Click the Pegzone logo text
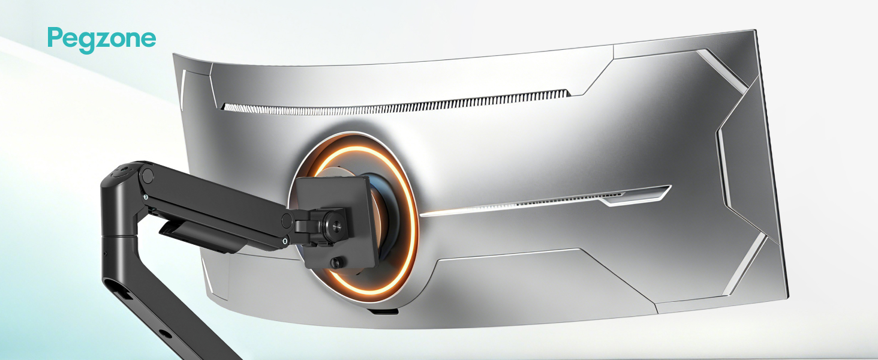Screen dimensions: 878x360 (102, 40)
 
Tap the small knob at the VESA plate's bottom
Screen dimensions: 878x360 (336, 262)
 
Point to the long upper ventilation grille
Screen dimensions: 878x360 (396, 103)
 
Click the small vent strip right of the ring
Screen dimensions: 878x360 (569, 200)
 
